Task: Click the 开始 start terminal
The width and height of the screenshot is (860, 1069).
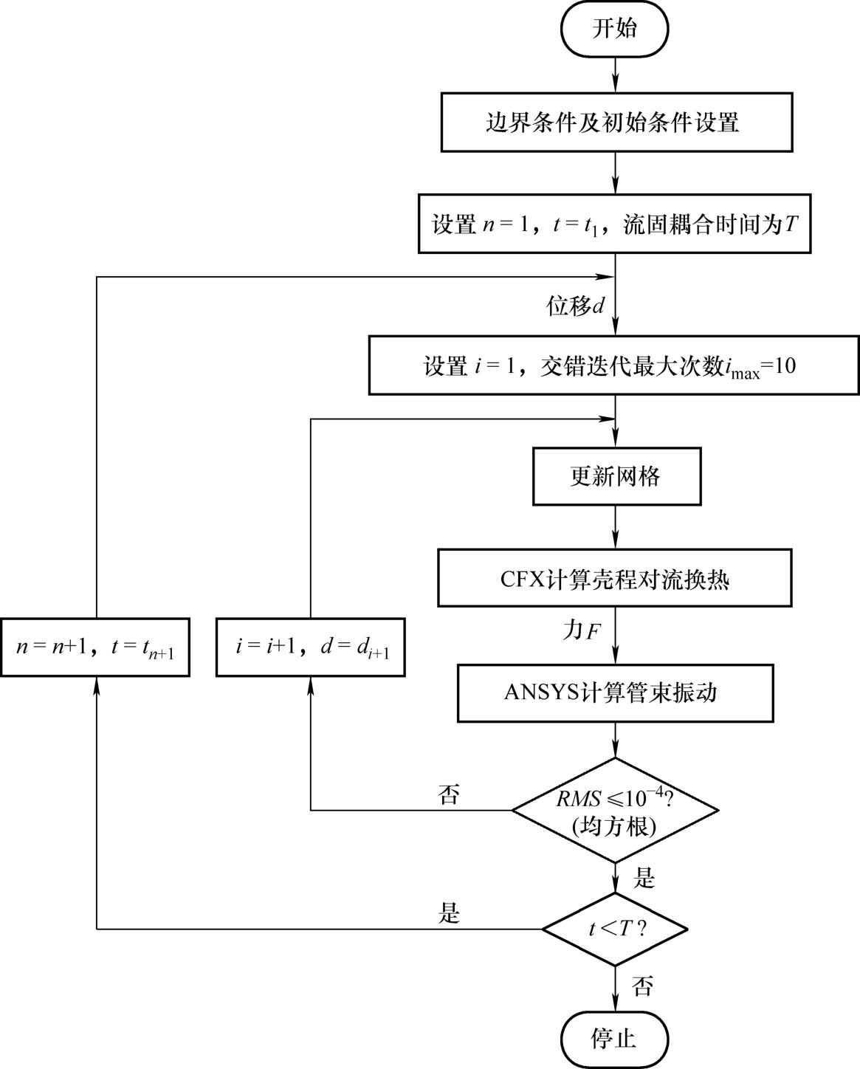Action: point(614,29)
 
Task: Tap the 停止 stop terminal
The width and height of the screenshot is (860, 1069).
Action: point(614,1038)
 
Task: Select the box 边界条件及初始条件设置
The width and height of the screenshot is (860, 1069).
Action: point(616,122)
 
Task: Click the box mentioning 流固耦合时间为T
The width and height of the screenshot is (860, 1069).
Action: point(614,224)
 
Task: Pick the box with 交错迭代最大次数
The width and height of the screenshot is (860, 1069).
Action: point(614,365)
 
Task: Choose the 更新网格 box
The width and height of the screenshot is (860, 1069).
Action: point(616,476)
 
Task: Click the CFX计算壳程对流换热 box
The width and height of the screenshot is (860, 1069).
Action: point(614,578)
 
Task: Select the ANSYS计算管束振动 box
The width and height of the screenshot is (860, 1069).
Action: point(615,692)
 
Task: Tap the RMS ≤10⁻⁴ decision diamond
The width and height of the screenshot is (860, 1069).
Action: point(615,810)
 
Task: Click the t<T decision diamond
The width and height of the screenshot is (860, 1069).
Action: point(615,928)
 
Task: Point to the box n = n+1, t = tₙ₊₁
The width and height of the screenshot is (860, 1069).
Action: point(95,647)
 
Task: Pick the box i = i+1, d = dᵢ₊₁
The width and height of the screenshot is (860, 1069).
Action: point(311,647)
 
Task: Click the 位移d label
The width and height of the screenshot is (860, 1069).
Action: point(575,306)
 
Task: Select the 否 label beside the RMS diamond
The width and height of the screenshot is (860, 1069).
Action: point(448,794)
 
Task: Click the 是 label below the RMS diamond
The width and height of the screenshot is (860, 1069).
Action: point(644,878)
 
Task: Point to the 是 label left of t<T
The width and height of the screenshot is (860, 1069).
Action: point(449,913)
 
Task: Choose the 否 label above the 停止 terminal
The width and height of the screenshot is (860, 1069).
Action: point(642,986)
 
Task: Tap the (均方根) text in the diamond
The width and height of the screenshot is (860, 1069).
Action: point(614,826)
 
